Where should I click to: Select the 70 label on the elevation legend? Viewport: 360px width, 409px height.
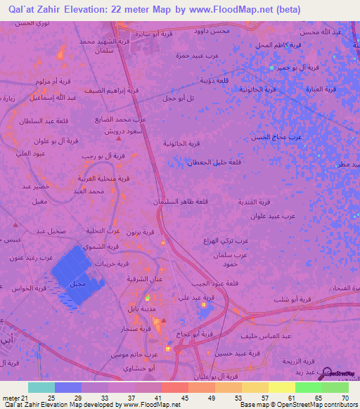coord(345,397)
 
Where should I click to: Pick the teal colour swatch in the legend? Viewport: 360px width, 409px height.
coord(41,387)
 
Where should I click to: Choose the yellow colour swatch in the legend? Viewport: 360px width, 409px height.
coord(281,387)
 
